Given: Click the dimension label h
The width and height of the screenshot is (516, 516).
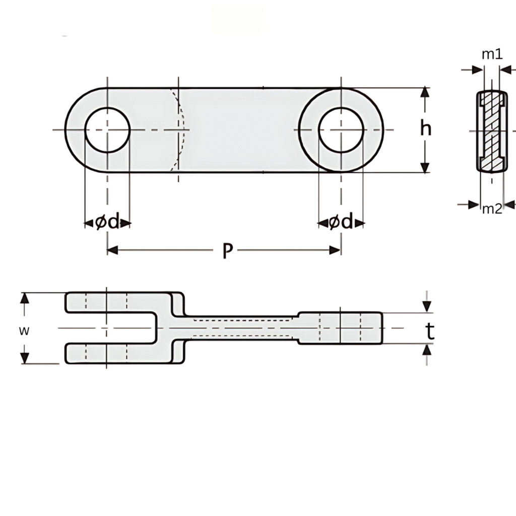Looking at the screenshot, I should point(426,130).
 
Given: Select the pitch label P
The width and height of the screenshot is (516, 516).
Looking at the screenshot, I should point(228,250).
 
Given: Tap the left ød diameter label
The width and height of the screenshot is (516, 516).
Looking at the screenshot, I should point(107,222).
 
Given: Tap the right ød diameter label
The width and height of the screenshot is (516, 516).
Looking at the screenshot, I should point(341,222).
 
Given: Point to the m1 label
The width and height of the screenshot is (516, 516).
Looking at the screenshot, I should point(492,54).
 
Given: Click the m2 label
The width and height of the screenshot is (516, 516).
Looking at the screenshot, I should point(492,209).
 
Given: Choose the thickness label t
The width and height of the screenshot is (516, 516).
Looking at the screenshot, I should point(429,331).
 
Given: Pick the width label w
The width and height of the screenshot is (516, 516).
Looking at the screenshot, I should point(23,331).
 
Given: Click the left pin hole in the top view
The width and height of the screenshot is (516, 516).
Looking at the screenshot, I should point(107,130).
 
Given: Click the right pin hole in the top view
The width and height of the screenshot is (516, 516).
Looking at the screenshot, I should point(341,130).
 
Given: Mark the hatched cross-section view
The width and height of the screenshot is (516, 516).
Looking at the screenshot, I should point(491,131).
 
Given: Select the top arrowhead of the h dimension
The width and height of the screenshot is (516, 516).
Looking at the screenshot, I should point(426,93).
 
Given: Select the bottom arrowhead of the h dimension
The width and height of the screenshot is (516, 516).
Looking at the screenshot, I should point(426,167).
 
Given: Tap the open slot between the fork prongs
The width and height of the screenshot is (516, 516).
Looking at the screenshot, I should point(116,328).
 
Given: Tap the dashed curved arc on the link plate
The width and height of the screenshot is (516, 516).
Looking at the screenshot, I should point(180,130).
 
